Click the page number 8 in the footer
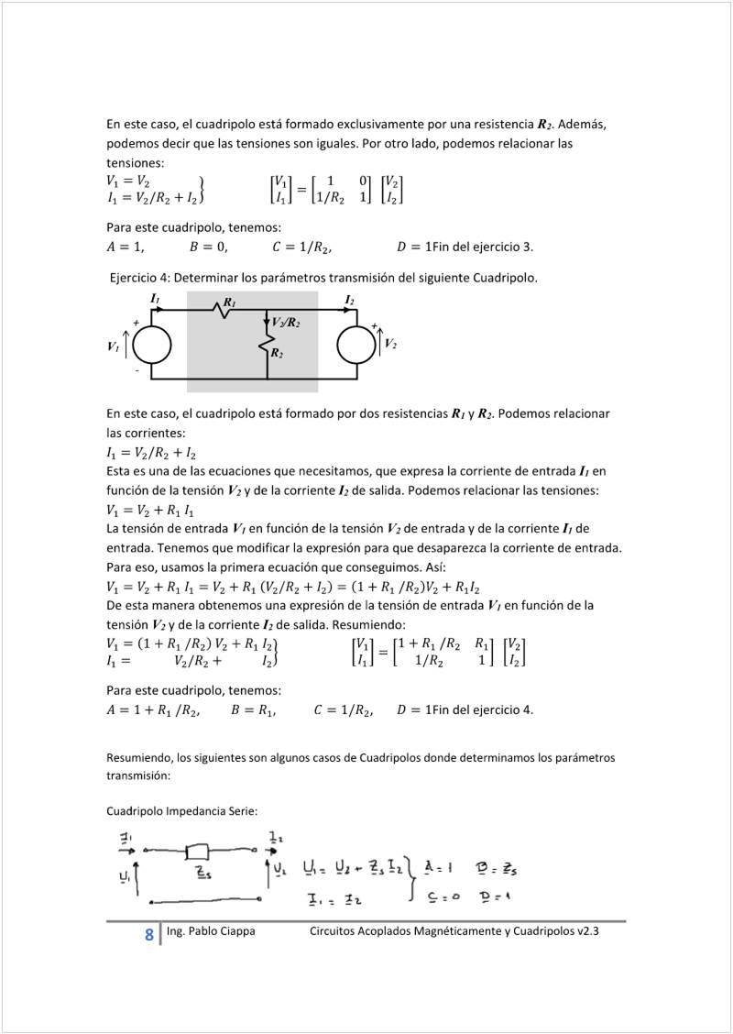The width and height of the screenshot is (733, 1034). [148, 935]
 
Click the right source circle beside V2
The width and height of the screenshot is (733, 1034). [356, 345]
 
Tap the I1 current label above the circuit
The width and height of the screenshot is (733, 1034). [155, 300]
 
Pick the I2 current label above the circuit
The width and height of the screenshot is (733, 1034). [350, 300]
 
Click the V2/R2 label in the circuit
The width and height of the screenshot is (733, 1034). [287, 323]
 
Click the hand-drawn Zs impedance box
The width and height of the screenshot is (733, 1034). [199, 849]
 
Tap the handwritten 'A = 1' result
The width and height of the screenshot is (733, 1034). [443, 866]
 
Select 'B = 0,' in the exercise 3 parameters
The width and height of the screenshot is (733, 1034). [209, 247]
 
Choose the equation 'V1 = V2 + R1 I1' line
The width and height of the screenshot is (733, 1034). [150, 511]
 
